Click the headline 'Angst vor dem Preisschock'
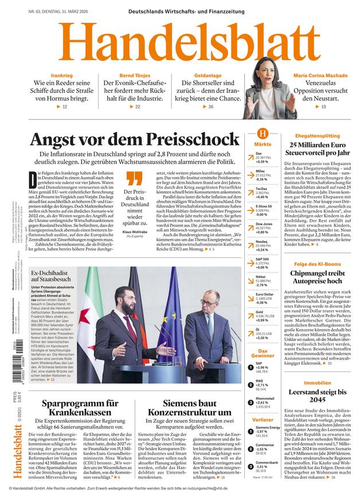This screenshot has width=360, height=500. pyautogui.click(x=135, y=139)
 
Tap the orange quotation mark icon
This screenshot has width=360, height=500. pyautogui.click(x=134, y=178)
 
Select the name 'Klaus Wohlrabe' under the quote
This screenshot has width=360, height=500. pyautogui.click(x=135, y=231)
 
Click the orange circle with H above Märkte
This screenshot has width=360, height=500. pyautogui.click(x=263, y=133)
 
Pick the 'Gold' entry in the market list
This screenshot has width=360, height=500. pyautogui.click(x=259, y=311)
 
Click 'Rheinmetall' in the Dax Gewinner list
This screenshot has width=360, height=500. pyautogui.click(x=265, y=399)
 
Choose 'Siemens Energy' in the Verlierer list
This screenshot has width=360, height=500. pyautogui.click(x=268, y=427)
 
